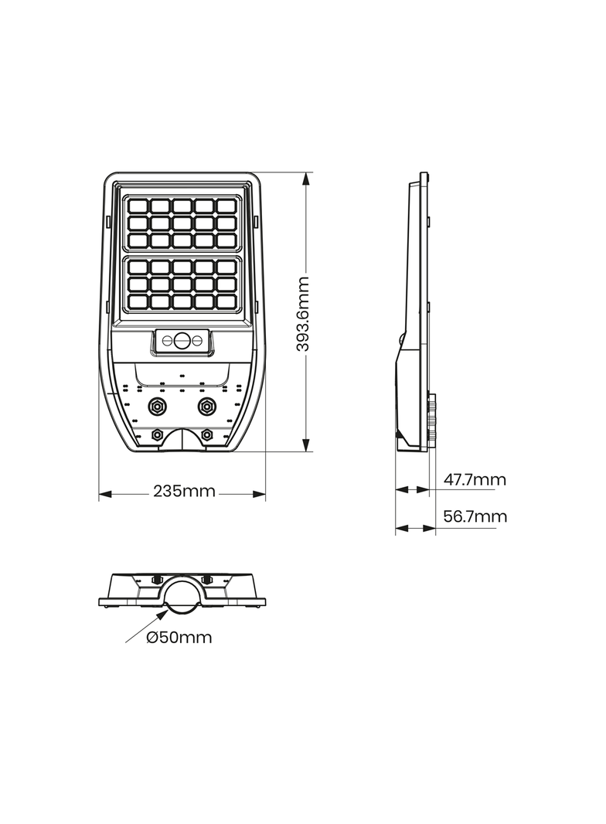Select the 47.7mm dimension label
tap(475, 480)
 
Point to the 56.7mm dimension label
tap(475, 516)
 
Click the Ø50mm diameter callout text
tap(179, 638)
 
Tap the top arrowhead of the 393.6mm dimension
tap(307, 178)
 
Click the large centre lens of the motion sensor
tap(182, 340)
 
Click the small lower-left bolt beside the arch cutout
tap(157, 434)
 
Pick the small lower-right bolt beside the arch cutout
tap(206, 434)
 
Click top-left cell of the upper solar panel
tap(138, 206)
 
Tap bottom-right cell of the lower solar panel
tap(226, 301)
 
